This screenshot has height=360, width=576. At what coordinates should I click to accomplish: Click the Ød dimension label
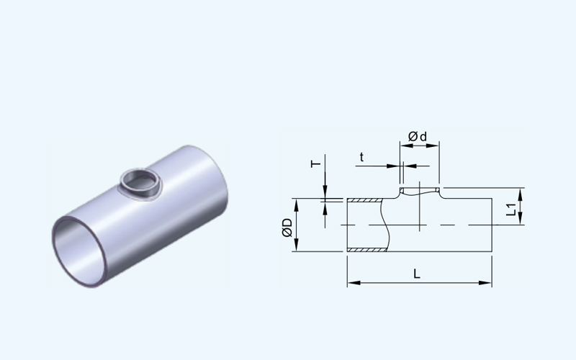point(418,137)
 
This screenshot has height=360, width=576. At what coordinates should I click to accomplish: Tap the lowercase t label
point(361,157)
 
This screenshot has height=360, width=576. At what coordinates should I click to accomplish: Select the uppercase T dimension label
point(315,164)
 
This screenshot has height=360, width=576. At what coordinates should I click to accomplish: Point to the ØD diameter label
point(287,228)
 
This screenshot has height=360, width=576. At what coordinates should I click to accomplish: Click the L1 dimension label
point(511,209)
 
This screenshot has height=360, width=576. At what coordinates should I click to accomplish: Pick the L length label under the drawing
point(417,274)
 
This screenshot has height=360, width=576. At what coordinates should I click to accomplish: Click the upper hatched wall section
point(365,200)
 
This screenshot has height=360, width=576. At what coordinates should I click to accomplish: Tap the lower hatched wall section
point(366,250)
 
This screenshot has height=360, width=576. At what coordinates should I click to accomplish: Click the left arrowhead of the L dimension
point(353,283)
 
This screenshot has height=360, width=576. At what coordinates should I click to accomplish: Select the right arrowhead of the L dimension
point(486,283)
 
